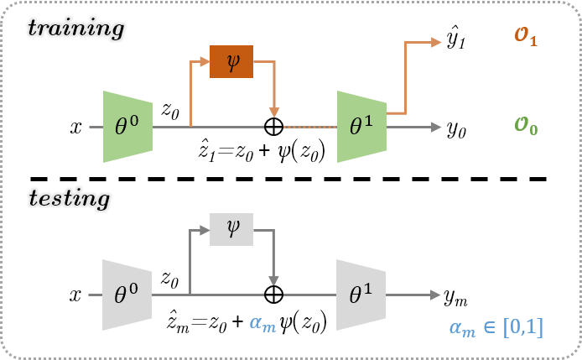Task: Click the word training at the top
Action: (75, 28)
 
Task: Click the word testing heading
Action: (69, 199)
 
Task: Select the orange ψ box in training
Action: (231, 61)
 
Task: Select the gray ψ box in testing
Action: (231, 229)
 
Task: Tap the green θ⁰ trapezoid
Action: (127, 127)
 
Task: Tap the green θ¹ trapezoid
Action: (361, 127)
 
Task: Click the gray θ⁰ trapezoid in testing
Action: (127, 295)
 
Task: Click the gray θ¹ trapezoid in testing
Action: (361, 295)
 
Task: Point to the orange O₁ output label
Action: (526, 38)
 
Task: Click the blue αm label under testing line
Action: (262, 324)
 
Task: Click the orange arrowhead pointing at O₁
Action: (436, 42)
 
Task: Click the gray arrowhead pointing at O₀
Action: (436, 127)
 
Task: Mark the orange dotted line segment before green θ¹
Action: (309, 127)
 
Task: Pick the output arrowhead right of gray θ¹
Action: (436, 295)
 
